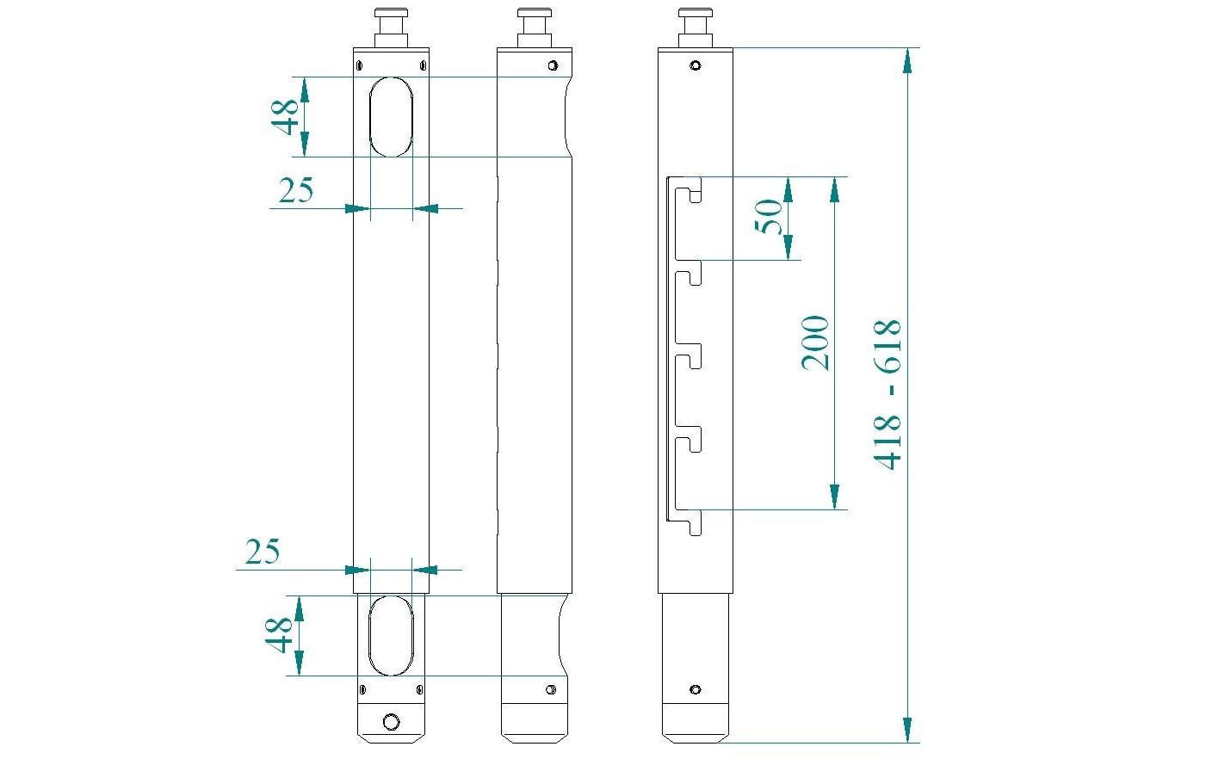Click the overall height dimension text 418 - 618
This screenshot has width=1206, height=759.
point(887,394)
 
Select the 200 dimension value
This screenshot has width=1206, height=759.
point(815,342)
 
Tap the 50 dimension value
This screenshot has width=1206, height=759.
point(769,216)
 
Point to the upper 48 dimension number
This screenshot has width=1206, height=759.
point(287,116)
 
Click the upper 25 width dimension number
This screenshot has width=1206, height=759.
point(295,190)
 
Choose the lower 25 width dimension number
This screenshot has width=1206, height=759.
point(263,552)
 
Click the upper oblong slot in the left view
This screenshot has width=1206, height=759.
point(391,116)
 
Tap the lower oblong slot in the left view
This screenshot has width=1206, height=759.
point(391,635)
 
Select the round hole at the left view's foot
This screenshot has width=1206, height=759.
point(391,721)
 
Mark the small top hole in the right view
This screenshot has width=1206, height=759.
point(695,65)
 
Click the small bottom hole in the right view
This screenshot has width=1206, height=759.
point(695,689)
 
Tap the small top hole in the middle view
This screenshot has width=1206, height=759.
point(552,65)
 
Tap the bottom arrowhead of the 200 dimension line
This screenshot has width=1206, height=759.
point(833,497)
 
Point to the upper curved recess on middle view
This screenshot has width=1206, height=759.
point(565,116)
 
